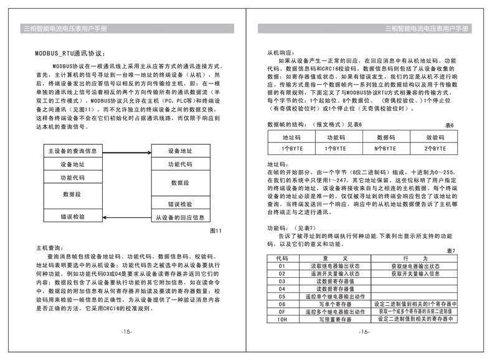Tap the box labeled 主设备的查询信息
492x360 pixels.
pyautogui.click(x=73, y=151)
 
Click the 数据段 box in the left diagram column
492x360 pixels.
pyautogui.click(x=73, y=194)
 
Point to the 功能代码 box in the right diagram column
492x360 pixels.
pyautogui.click(x=180, y=164)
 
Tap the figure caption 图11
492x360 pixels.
pyautogui.click(x=215, y=231)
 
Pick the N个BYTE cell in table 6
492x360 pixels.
pyautogui.click(x=386, y=149)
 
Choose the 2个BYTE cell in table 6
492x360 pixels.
pyautogui.click(x=436, y=149)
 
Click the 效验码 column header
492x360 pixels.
pyautogui.click(x=436, y=136)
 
